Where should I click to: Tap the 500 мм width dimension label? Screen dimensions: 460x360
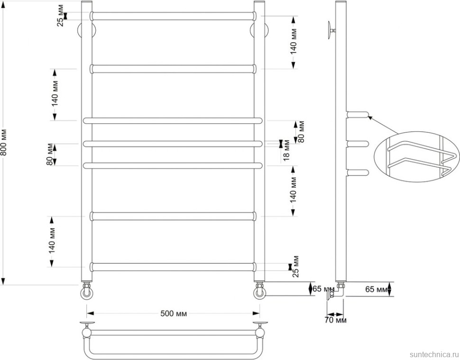click(174, 314)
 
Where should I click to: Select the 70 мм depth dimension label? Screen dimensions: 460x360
click(335, 320)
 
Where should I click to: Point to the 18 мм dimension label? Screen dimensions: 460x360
click(286, 150)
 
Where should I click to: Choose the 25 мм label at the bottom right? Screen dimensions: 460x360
click(295, 267)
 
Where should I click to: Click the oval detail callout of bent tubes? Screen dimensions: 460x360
click(417, 157)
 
